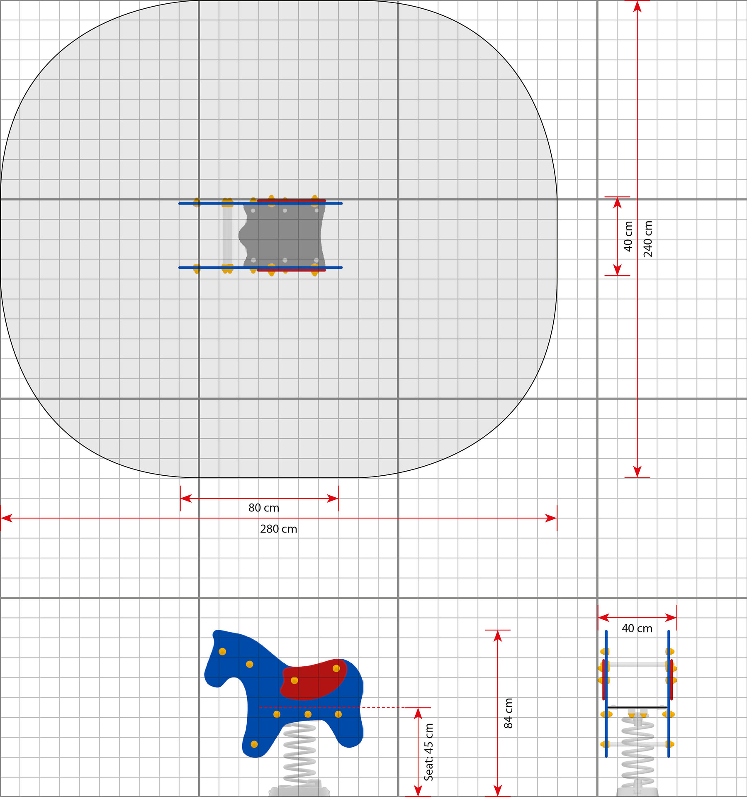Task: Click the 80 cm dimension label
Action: [x=264, y=508]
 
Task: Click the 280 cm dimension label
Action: [x=279, y=529]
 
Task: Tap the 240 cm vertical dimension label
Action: [x=648, y=239]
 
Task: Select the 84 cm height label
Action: [x=509, y=713]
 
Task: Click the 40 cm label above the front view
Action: [x=637, y=628]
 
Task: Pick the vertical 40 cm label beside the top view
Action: [x=628, y=236]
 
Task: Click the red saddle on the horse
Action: [x=314, y=679]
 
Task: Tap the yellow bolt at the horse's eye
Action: [x=222, y=651]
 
